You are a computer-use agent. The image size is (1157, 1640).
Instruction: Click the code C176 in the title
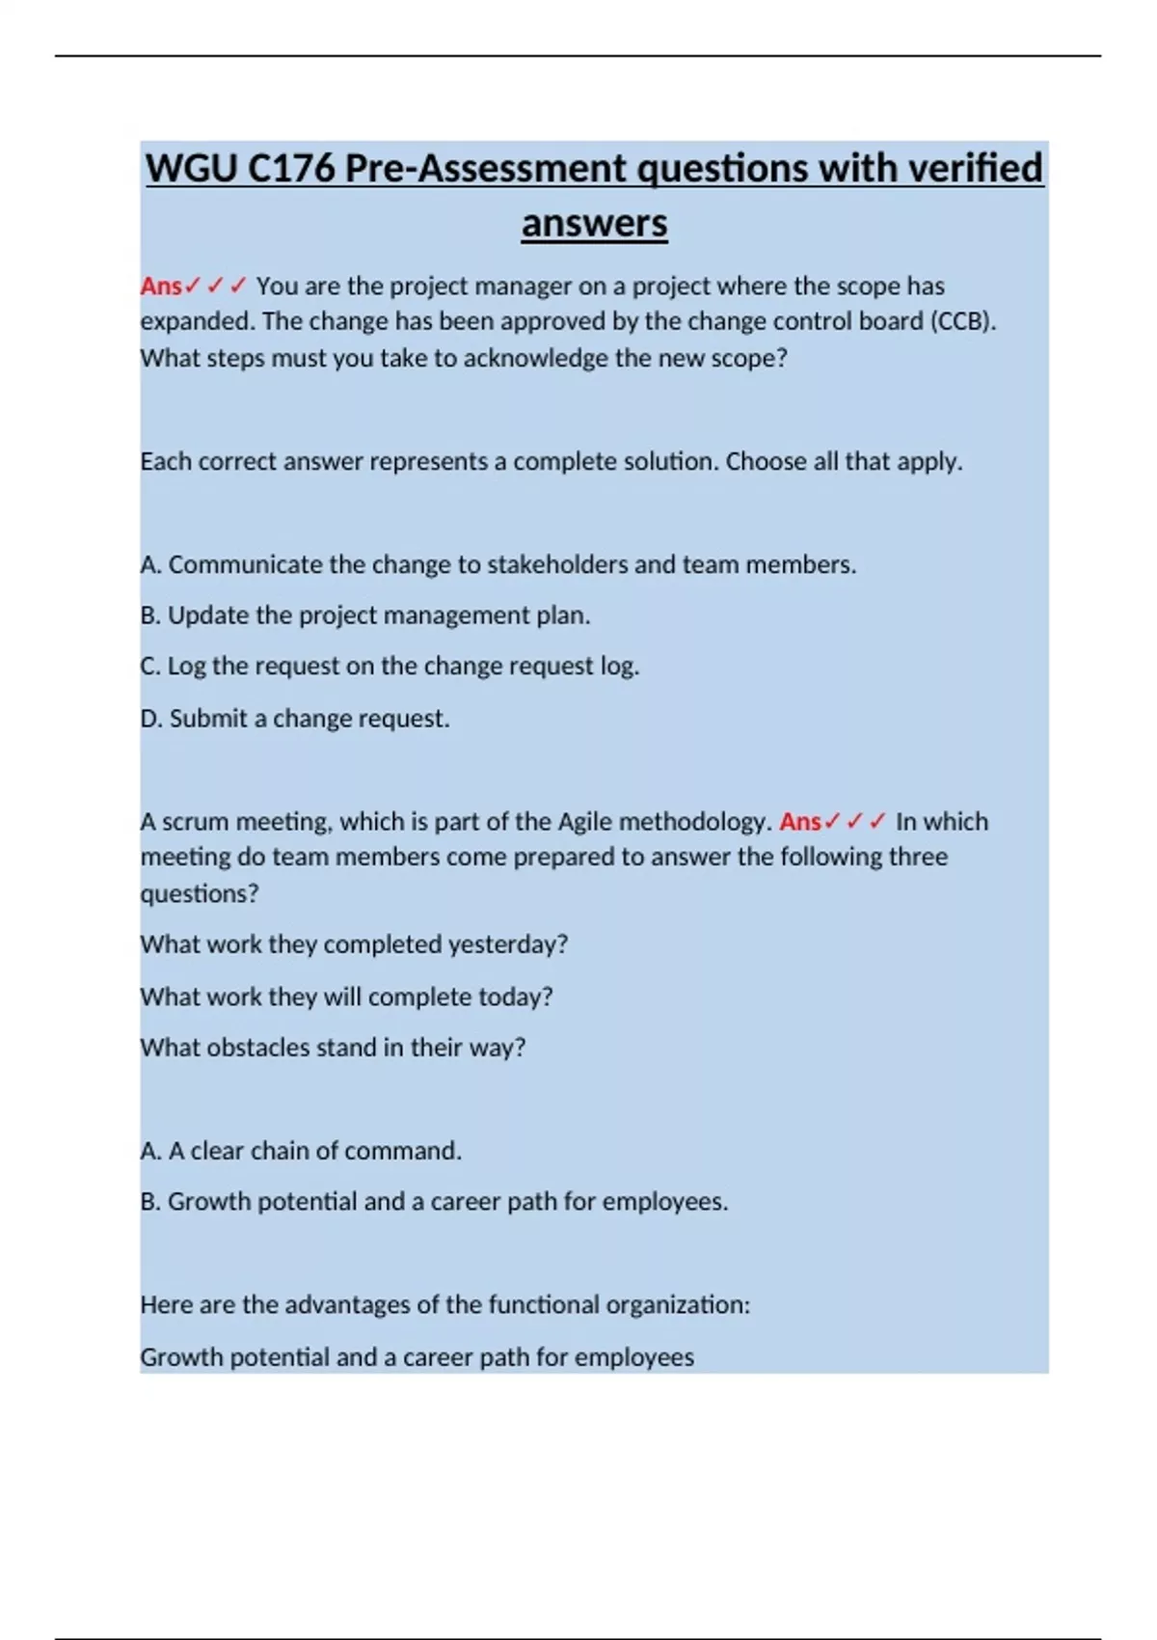pyautogui.click(x=291, y=169)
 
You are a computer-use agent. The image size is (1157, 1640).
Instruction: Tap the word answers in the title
pyautogui.click(x=594, y=224)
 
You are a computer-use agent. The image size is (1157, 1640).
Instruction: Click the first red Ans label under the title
pyautogui.click(x=161, y=287)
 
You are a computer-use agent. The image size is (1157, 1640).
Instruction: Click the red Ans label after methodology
pyautogui.click(x=800, y=822)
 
